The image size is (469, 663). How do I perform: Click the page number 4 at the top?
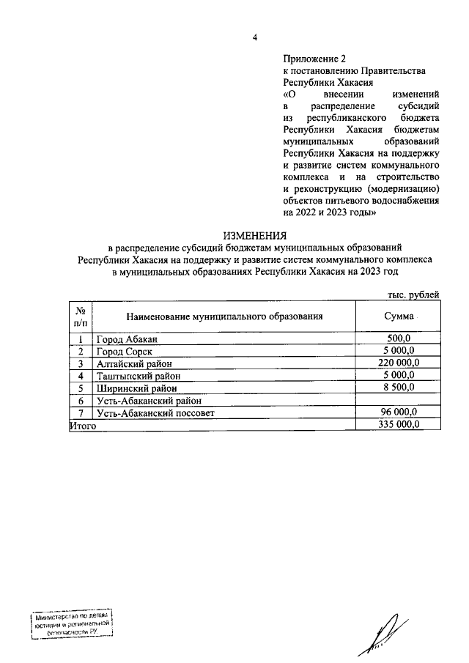(x=254, y=38)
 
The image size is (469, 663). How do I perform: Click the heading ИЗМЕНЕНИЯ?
(x=254, y=235)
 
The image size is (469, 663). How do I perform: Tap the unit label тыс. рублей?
(x=413, y=295)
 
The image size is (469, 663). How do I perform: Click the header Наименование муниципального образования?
(x=224, y=317)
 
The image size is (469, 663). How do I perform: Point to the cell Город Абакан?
(x=126, y=339)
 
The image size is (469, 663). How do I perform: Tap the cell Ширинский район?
(x=136, y=388)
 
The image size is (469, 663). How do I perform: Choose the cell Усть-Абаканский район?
(x=149, y=401)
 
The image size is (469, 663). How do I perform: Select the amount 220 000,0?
(x=398, y=363)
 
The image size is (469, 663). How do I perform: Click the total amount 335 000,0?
(x=398, y=425)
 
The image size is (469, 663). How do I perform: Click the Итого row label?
(x=83, y=425)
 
